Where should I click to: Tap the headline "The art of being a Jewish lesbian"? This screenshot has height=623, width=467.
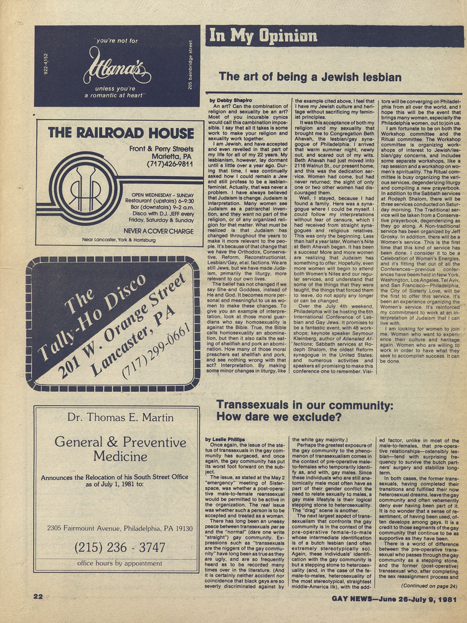(310, 77)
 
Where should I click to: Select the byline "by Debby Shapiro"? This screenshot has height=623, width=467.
(230, 100)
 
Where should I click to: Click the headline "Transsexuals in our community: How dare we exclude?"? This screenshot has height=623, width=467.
(304, 411)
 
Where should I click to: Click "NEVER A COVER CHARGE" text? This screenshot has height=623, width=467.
(159, 231)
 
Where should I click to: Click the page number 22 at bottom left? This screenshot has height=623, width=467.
(39, 596)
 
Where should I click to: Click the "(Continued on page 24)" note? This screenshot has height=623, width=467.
(429, 586)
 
